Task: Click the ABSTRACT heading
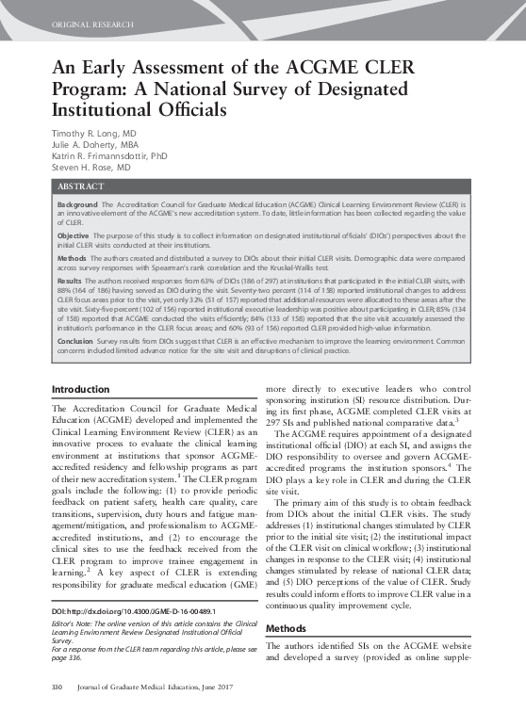pos(80,187)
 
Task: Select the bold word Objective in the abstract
pos(74,235)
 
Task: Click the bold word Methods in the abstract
pos(72,255)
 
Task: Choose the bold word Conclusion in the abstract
pos(76,340)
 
